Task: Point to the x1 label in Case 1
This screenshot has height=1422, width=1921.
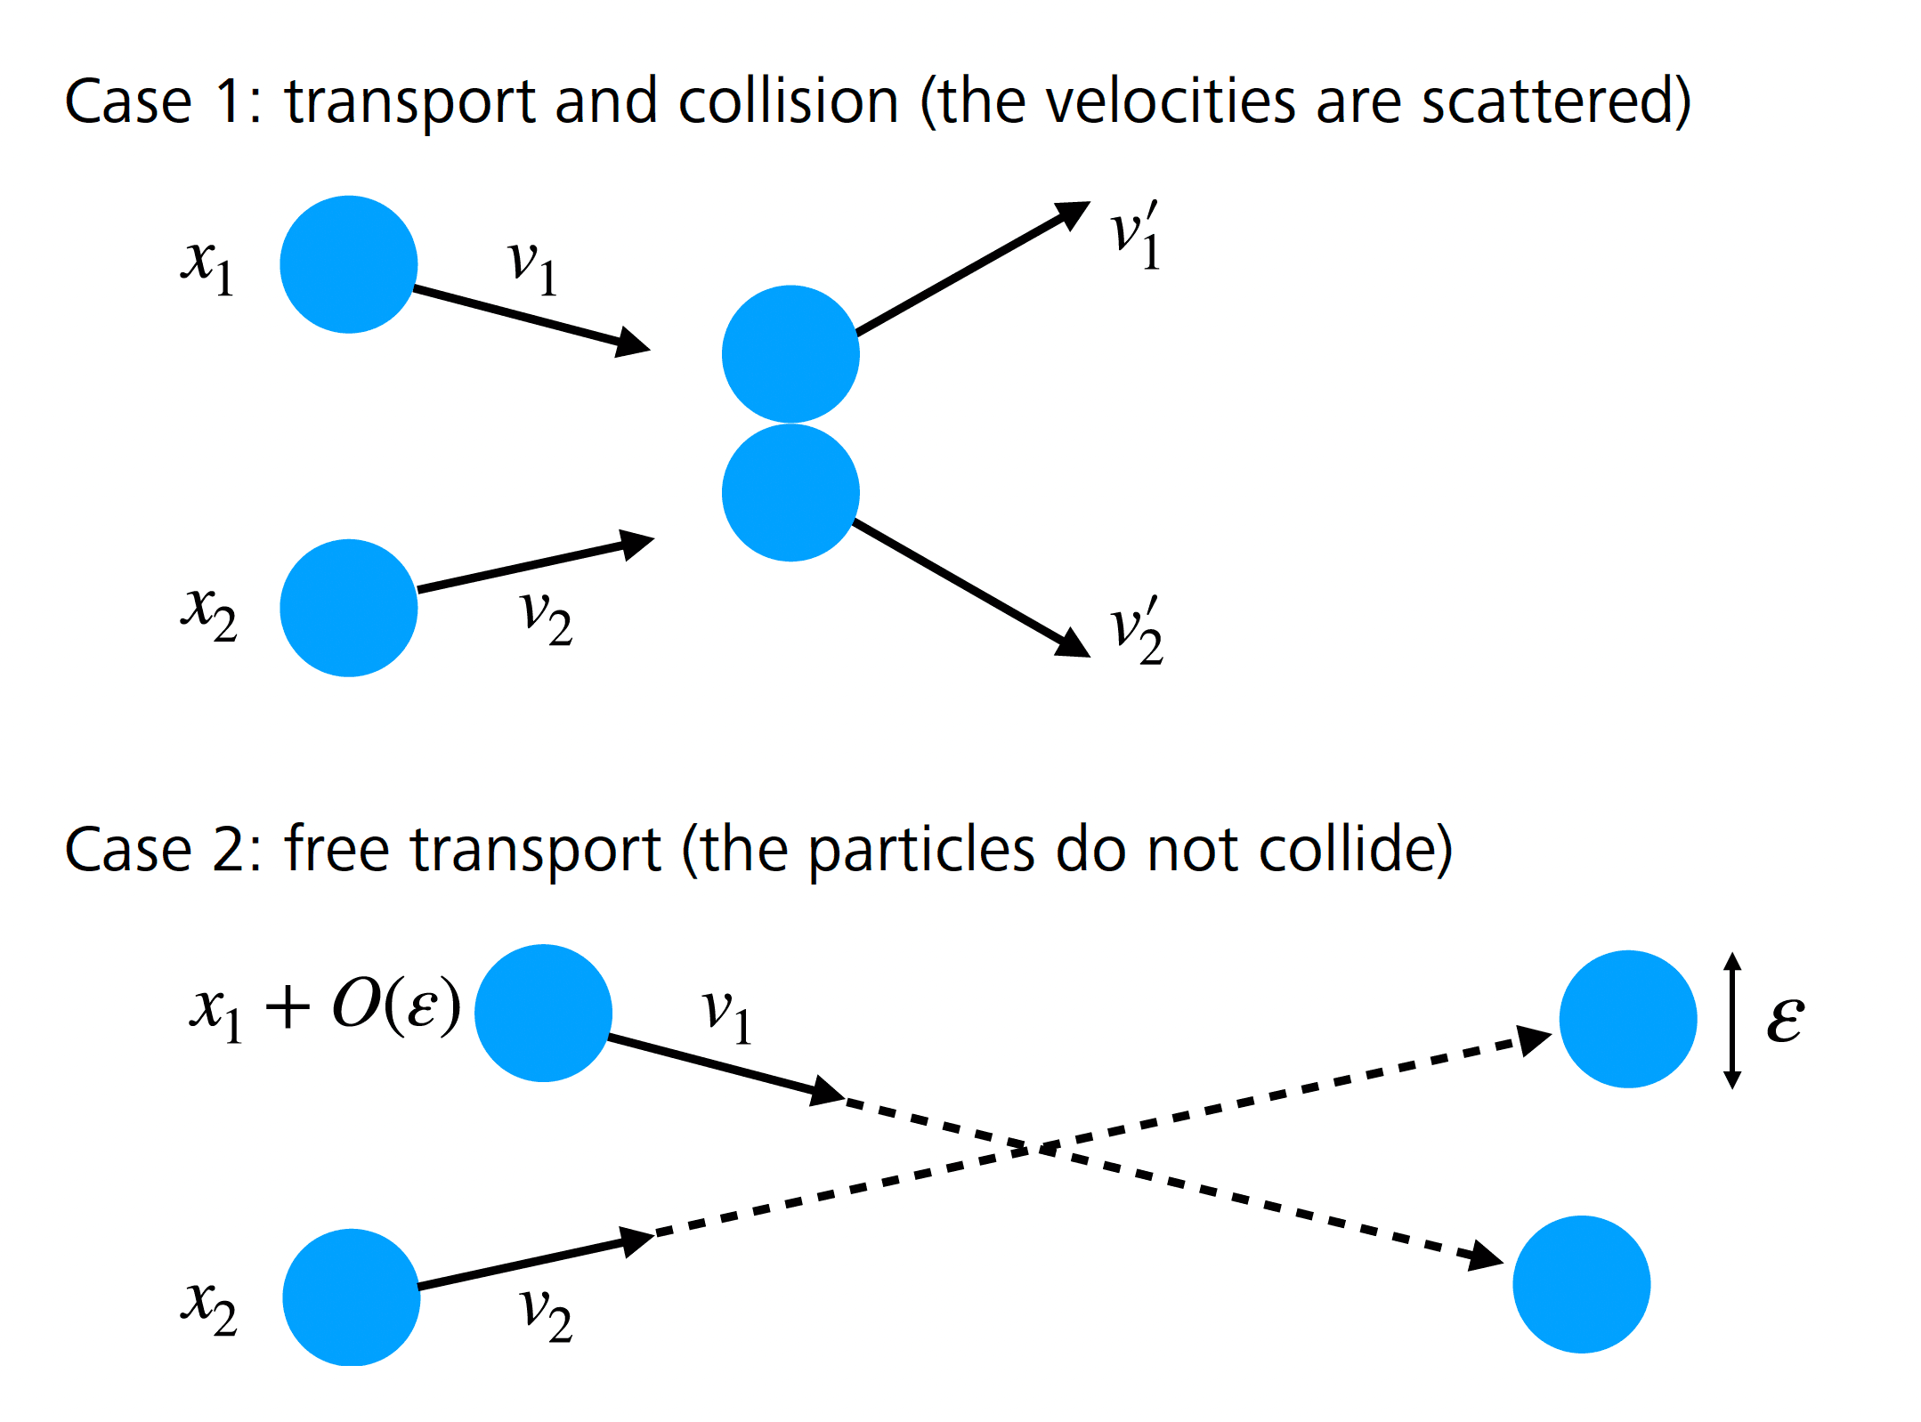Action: (x=207, y=266)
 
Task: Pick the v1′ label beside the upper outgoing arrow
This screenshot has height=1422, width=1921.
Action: (x=1136, y=236)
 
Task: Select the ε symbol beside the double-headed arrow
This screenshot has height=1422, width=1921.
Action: (x=1785, y=1018)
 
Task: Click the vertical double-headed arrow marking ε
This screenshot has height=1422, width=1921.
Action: (x=1732, y=1020)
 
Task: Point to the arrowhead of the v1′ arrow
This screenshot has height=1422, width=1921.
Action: (x=1074, y=214)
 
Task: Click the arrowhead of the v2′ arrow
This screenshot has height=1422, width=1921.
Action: (x=1074, y=644)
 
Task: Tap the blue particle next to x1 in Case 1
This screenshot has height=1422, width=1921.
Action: (x=349, y=264)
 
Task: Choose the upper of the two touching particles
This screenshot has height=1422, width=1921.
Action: (x=790, y=354)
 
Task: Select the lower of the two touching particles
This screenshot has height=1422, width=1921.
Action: (x=790, y=492)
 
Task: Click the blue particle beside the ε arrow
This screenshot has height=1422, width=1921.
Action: (x=1628, y=1019)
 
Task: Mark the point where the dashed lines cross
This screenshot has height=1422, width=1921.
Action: (x=1033, y=1149)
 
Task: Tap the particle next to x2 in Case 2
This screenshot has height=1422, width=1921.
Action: (x=352, y=1297)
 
